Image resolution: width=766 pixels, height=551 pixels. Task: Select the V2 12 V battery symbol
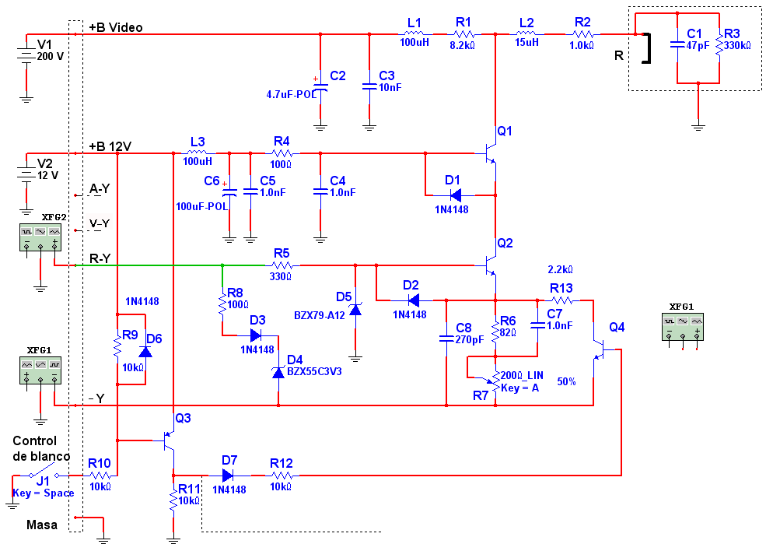coord(26,173)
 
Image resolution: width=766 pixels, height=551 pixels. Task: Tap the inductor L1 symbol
coord(414,33)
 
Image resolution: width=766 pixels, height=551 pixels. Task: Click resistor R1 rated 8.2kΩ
coord(463,34)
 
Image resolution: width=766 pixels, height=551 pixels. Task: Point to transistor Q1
coord(490,153)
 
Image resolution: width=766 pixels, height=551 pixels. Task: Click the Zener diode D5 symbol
coord(355,309)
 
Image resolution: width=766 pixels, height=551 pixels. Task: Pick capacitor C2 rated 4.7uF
coord(320,88)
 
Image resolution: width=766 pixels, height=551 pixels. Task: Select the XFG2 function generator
coord(40,237)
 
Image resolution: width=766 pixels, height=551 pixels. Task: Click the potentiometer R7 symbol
coord(495,381)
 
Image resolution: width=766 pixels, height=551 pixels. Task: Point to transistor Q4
coord(599,349)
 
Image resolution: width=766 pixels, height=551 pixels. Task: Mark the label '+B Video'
coord(116,27)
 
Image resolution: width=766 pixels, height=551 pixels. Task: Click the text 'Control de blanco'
coord(41,448)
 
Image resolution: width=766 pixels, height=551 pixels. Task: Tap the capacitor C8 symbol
coord(446,338)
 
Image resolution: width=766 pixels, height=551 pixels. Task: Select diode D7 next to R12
coord(228,476)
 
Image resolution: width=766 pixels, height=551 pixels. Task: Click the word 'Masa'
coord(42,525)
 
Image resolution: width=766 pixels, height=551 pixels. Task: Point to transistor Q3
coord(167,440)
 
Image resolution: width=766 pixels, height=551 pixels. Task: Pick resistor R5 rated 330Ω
coord(282,265)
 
